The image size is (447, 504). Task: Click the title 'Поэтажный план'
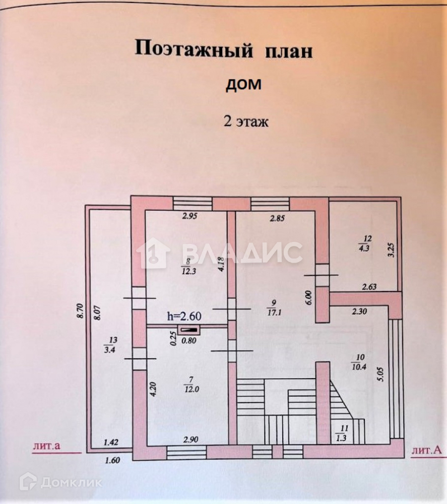click(223, 50)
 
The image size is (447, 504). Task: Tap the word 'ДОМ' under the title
click(243, 85)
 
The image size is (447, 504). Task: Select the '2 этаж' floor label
click(246, 121)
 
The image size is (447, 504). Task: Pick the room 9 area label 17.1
click(274, 312)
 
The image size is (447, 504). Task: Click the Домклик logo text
click(71, 482)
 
